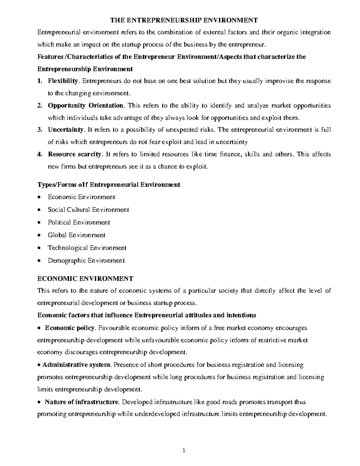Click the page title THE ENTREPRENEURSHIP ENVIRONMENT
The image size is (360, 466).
click(184, 20)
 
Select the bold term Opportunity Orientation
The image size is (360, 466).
click(85, 105)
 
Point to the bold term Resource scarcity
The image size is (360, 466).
click(75, 154)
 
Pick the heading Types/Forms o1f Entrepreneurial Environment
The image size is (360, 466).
click(108, 185)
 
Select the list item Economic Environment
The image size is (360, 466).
click(81, 197)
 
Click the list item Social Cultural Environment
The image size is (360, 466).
click(88, 210)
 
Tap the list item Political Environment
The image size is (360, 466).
click(79, 222)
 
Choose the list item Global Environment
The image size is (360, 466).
click(76, 235)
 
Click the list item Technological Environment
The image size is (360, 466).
click(87, 248)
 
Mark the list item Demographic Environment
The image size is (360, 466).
click(86, 260)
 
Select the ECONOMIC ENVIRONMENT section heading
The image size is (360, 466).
click(85, 278)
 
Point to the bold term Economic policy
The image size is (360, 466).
click(70, 328)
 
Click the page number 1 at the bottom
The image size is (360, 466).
click(184, 451)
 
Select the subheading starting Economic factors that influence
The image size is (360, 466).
click(146, 315)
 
